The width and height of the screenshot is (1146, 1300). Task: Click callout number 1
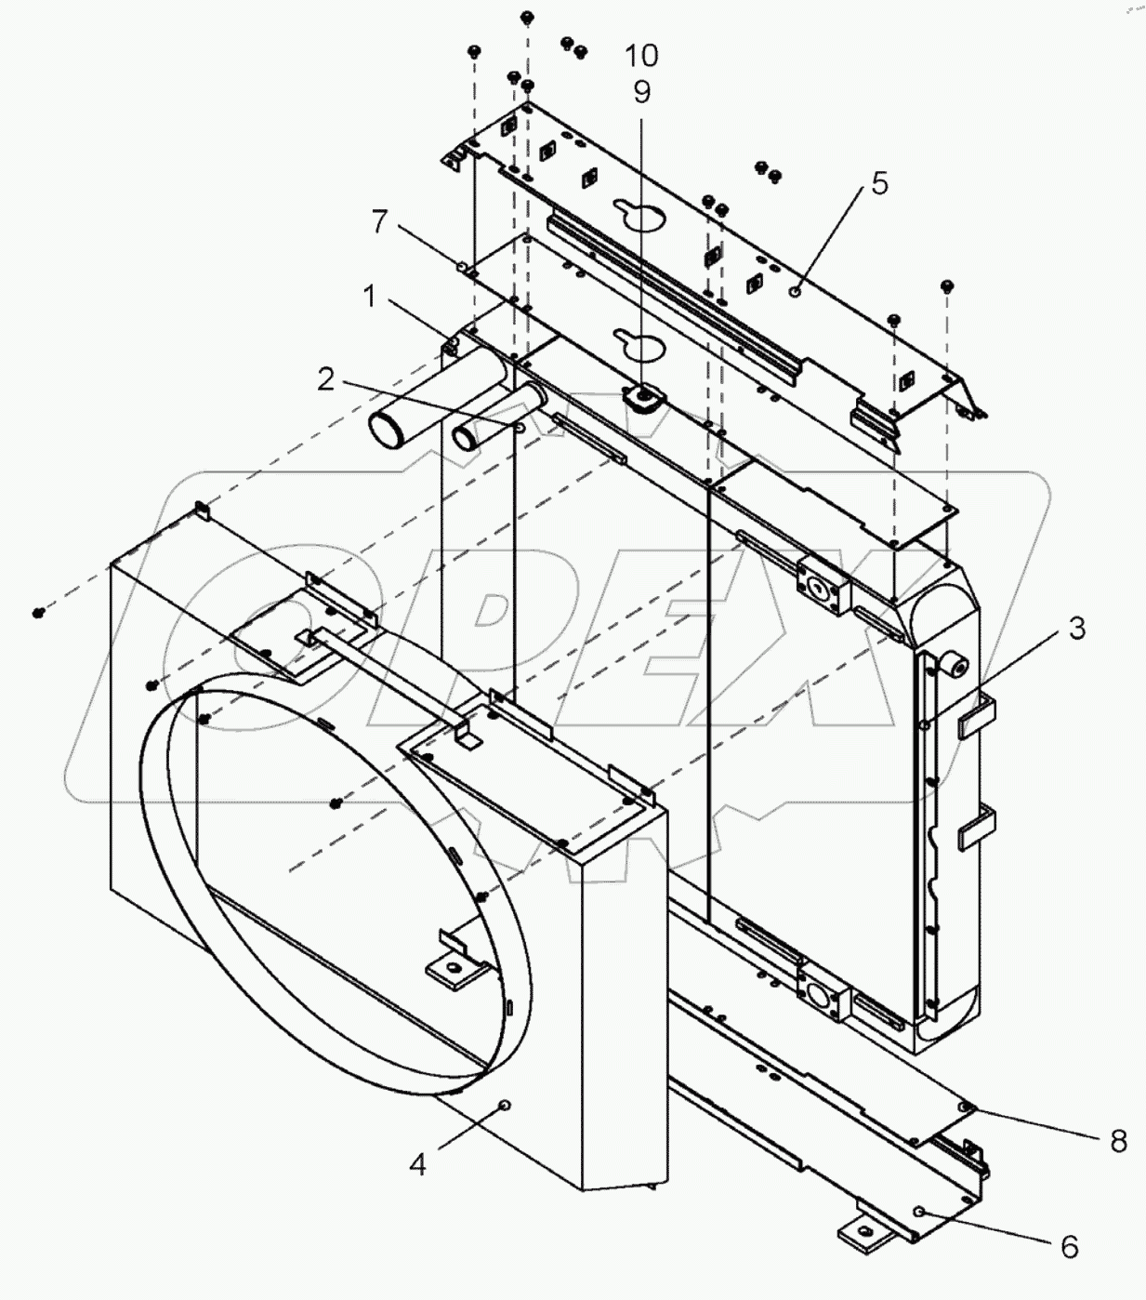[x=370, y=297]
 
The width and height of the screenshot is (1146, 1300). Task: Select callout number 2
[x=325, y=379]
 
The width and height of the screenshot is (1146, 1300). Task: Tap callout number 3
[x=1076, y=628]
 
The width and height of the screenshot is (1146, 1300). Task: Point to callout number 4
[x=418, y=1162]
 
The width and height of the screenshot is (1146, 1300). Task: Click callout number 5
[x=879, y=183]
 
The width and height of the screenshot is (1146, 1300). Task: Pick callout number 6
[x=1070, y=1246]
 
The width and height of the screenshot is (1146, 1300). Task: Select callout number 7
[x=378, y=221]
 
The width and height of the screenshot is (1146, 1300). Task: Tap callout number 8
[x=1118, y=1140]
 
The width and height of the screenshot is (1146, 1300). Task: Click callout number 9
[x=642, y=91]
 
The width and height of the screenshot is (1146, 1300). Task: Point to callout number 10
[x=641, y=56]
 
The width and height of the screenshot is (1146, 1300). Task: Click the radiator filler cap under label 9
[x=640, y=399]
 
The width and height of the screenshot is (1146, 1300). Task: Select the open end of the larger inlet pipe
[x=387, y=430]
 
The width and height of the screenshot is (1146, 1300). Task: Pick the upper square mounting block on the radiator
[x=819, y=585]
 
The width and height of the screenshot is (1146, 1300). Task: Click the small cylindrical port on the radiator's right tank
[x=956, y=665]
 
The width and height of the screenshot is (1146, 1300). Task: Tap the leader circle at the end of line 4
[x=505, y=1104]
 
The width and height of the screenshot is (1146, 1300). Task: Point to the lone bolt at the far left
[x=38, y=612]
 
